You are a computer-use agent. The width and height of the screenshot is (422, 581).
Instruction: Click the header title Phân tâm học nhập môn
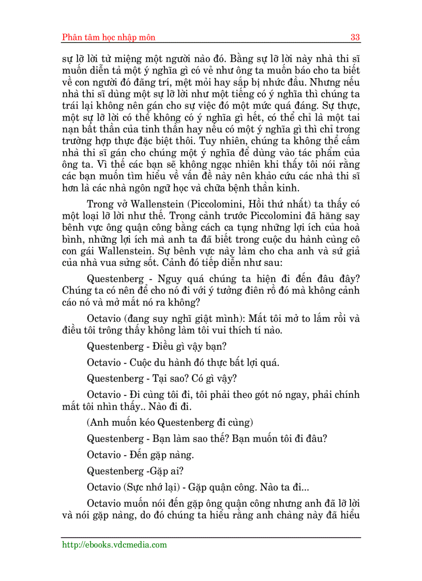109,37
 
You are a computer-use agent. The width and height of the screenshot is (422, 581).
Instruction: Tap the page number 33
355,37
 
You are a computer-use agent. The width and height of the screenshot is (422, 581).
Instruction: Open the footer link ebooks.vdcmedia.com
114,545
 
